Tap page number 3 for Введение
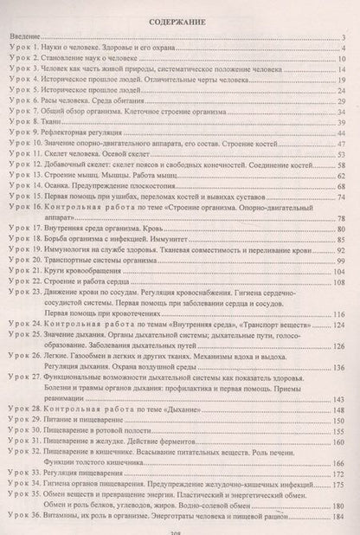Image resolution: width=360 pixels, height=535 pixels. [344, 38]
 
